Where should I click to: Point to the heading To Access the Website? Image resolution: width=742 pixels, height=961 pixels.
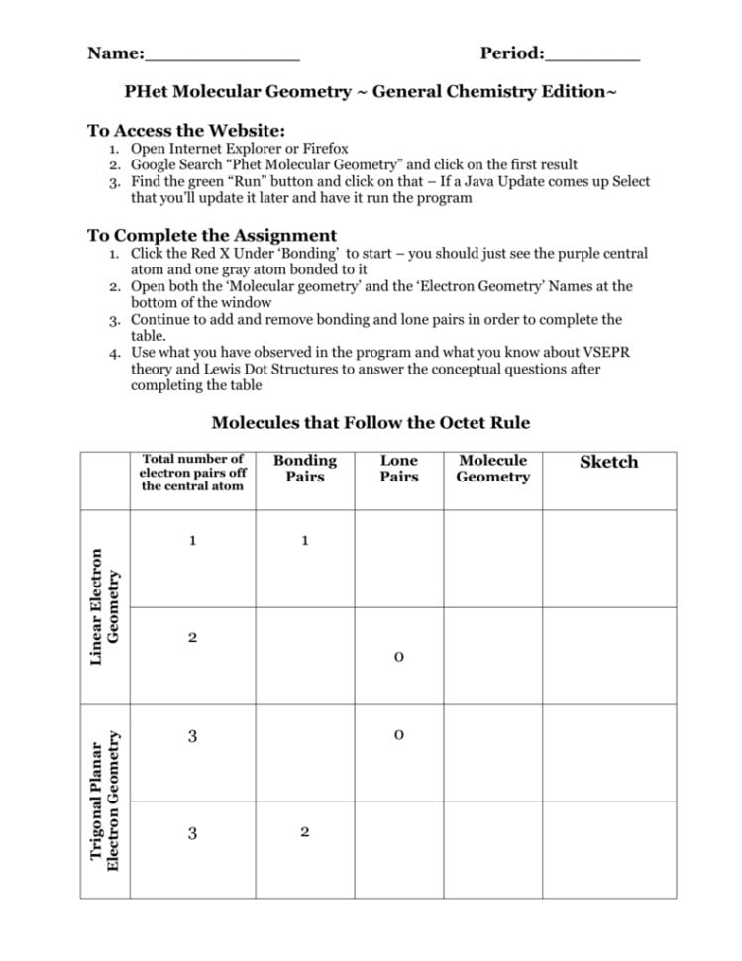(x=186, y=130)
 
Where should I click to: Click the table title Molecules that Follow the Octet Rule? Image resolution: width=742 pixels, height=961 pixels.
(x=371, y=423)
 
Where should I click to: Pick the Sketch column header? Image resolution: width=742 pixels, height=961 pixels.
(x=608, y=462)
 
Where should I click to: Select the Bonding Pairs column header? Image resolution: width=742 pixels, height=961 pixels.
(x=305, y=469)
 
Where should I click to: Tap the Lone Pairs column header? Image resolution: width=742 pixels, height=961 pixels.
(x=399, y=469)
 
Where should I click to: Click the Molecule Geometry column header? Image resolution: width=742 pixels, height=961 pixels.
(x=492, y=469)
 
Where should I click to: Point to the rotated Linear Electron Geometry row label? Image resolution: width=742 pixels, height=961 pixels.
(x=105, y=606)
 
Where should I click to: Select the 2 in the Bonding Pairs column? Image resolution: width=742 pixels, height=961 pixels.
(x=305, y=832)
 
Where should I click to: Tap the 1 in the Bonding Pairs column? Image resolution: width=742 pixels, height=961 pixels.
(x=305, y=541)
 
